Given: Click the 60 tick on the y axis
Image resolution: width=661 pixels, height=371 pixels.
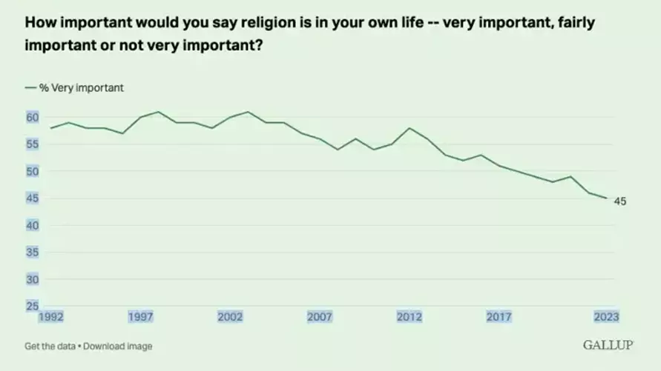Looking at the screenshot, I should [x=32, y=117].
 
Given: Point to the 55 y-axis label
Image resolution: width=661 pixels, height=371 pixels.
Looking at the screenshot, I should [x=32, y=144].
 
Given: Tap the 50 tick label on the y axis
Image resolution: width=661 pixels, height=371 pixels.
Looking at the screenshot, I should [x=32, y=171].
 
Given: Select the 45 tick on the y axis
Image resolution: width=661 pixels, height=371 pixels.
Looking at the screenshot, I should [x=32, y=198].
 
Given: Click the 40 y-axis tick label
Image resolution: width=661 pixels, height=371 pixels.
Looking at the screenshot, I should [x=32, y=225].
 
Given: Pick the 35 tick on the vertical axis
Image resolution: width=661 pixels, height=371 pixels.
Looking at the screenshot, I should [x=32, y=253].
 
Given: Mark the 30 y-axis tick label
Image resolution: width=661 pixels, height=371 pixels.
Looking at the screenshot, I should [x=32, y=279].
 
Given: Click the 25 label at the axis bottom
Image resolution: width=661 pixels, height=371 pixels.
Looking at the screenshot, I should [x=32, y=306].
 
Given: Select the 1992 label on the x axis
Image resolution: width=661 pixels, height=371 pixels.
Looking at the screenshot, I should [x=51, y=317].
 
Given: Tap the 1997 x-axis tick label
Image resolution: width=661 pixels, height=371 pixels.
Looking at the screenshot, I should [x=141, y=317].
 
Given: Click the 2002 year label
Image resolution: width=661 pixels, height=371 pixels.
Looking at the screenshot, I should [x=230, y=317].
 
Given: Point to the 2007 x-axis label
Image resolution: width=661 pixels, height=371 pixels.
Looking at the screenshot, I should [x=320, y=317].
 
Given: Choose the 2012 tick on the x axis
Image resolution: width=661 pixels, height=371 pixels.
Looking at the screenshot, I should [x=410, y=317].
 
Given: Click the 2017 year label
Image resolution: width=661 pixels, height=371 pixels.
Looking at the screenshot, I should [x=499, y=317].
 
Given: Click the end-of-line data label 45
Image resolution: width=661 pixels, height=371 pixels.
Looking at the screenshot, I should [x=620, y=201].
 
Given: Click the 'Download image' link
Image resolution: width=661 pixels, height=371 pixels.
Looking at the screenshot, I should [x=119, y=346].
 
